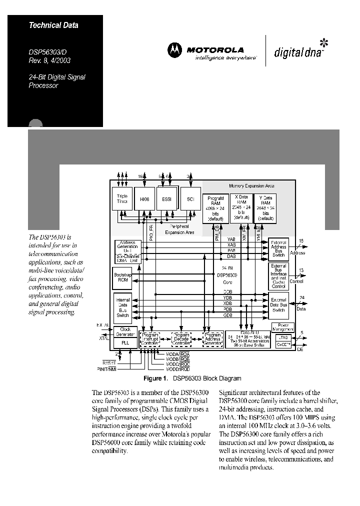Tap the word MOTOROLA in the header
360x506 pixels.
click(x=215, y=50)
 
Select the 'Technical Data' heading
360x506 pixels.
click(x=53, y=25)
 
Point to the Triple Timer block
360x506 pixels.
click(x=122, y=199)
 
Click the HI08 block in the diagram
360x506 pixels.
click(x=145, y=199)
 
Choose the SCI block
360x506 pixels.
click(x=190, y=199)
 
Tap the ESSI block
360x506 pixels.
click(x=167, y=199)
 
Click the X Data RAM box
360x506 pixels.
click(x=241, y=207)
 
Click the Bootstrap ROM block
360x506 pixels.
click(x=123, y=277)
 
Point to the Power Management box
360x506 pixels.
click(x=282, y=327)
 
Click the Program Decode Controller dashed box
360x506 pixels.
click(x=181, y=339)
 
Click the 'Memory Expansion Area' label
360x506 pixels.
click(x=251, y=186)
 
